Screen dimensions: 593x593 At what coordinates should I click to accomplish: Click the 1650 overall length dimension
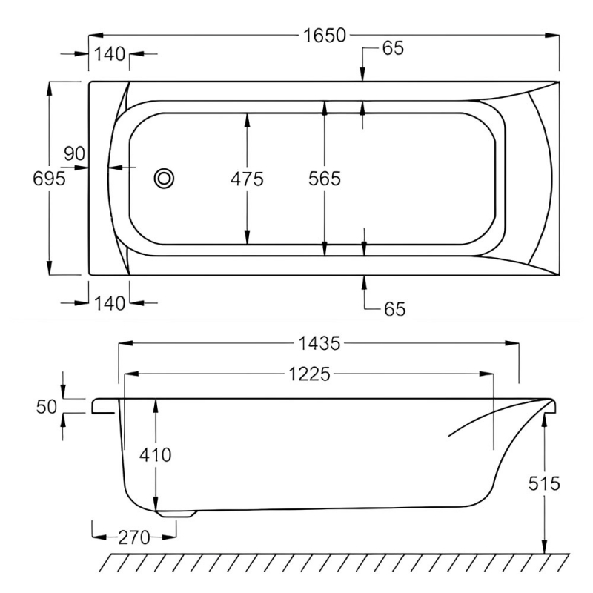[x=324, y=35]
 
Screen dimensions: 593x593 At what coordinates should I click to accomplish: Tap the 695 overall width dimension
[x=50, y=178]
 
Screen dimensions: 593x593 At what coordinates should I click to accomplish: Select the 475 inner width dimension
[x=247, y=179]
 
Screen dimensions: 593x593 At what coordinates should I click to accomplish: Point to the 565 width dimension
[x=325, y=179]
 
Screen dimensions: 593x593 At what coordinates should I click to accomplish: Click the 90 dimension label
[x=75, y=154]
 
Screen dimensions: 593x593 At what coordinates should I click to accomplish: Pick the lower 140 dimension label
[x=110, y=302]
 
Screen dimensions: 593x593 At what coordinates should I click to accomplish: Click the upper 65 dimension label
[x=393, y=49]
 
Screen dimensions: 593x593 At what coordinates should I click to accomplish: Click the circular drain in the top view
[x=164, y=178]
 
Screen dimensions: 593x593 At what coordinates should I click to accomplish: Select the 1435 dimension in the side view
[x=319, y=343]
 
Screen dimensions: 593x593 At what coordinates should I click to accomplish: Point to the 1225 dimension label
[x=308, y=374]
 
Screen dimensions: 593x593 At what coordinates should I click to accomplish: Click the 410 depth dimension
[x=156, y=454]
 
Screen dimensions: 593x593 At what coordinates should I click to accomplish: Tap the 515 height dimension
[x=545, y=484]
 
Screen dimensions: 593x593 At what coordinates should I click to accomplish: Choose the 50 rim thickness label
[x=47, y=406]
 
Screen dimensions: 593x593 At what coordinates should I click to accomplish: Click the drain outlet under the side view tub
[x=176, y=511]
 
